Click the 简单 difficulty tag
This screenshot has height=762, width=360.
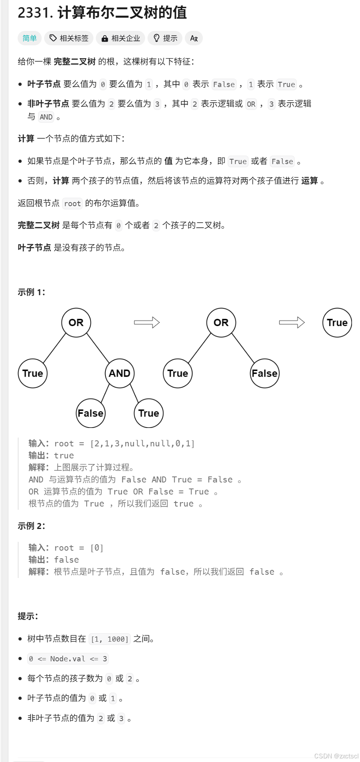30,38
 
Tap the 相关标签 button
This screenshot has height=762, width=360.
69,38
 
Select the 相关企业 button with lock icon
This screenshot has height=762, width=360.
121,38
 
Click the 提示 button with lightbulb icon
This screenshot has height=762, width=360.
165,38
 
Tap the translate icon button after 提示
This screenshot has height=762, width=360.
194,38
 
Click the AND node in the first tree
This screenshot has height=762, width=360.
119,373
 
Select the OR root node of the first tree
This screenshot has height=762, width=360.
76,322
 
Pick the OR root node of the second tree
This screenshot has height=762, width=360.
221,322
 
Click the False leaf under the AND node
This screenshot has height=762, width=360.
91,413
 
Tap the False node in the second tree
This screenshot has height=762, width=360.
265,373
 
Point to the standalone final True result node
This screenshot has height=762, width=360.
337,322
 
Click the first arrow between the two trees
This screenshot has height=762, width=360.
147,322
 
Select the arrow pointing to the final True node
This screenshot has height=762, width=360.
292,322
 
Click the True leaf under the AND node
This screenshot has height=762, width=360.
149,413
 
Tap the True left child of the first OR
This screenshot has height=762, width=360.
33,373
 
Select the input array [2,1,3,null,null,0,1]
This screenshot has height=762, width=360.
142,444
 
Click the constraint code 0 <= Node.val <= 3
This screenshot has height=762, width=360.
68,659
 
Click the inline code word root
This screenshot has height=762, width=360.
73,203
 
